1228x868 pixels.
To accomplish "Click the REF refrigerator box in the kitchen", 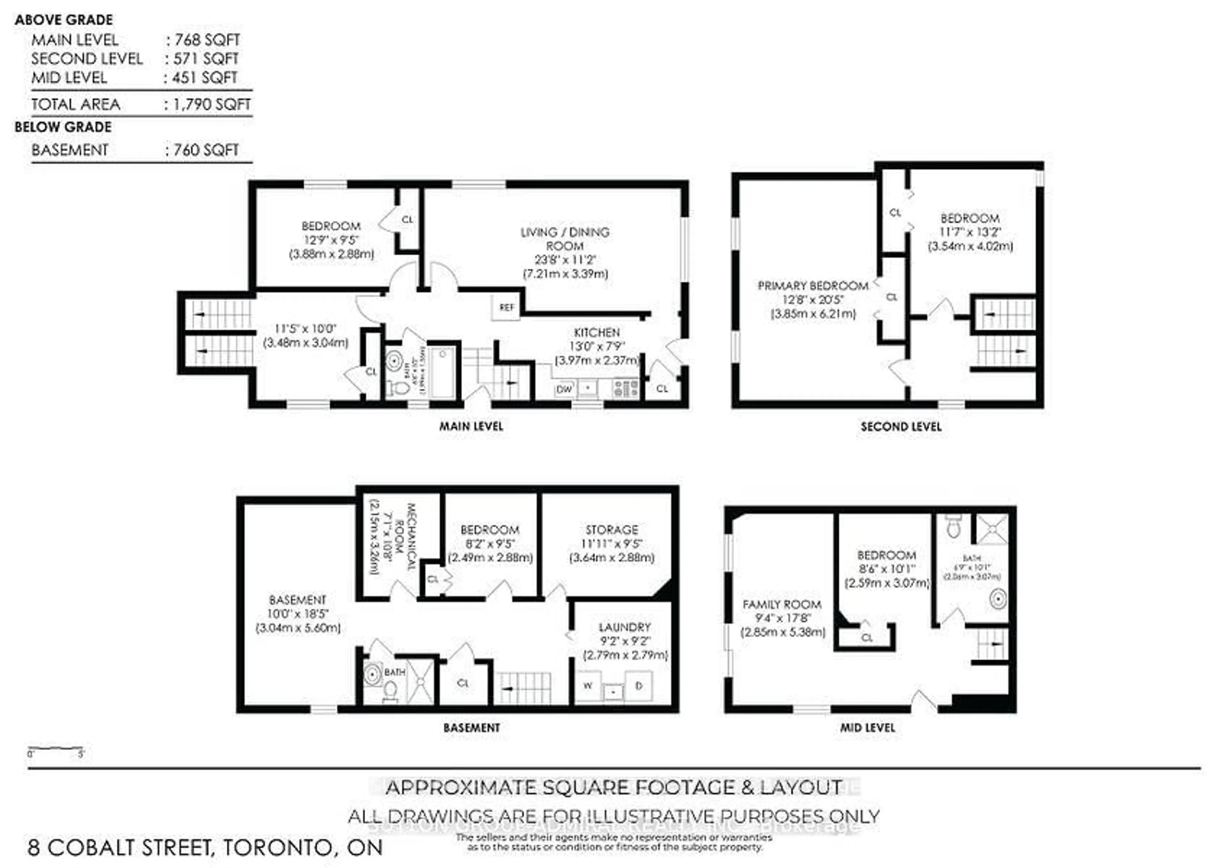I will tap(506, 308).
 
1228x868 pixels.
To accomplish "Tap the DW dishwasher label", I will tap(564, 389).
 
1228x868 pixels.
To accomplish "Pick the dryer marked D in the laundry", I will tap(639, 686).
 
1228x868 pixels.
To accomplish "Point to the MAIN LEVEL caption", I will tap(471, 426).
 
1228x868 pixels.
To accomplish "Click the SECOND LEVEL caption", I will tap(901, 427).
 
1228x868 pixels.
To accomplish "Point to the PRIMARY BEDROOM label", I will tap(812, 286).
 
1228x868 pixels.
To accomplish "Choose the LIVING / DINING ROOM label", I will tap(565, 239).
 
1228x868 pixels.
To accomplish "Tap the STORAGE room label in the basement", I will tap(611, 529).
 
